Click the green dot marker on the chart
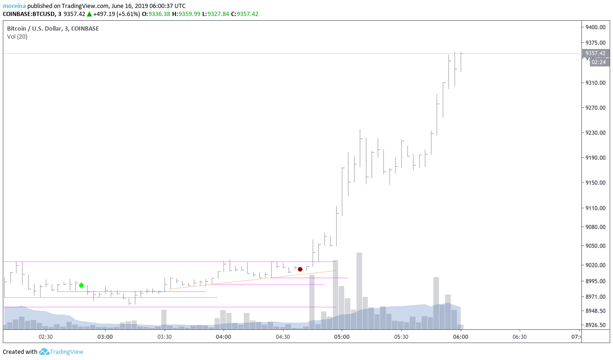(x=82, y=285)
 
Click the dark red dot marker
(x=300, y=269)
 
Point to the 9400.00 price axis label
(x=595, y=27)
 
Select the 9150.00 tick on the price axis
(x=595, y=183)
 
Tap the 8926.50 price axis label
(x=595, y=325)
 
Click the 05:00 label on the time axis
(x=342, y=337)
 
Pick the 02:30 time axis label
(x=46, y=337)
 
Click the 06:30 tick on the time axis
(x=520, y=337)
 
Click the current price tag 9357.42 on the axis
(x=596, y=53)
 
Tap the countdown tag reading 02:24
(x=599, y=62)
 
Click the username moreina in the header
(x=14, y=6)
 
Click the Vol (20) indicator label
(x=17, y=37)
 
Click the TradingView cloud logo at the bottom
(x=44, y=352)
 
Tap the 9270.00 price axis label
(x=595, y=107)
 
